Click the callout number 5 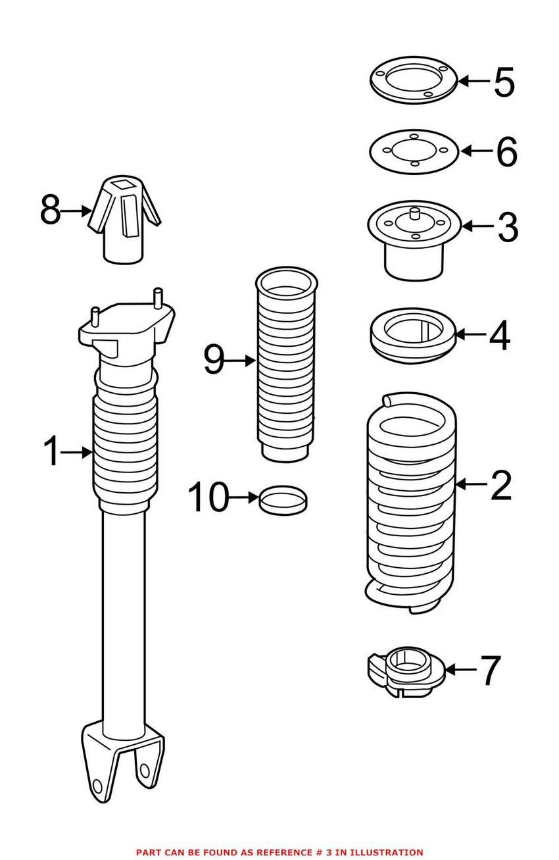point(504,82)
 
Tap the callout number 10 point(208,497)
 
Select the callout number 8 point(50,211)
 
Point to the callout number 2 point(500,486)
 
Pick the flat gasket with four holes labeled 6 point(412,151)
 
